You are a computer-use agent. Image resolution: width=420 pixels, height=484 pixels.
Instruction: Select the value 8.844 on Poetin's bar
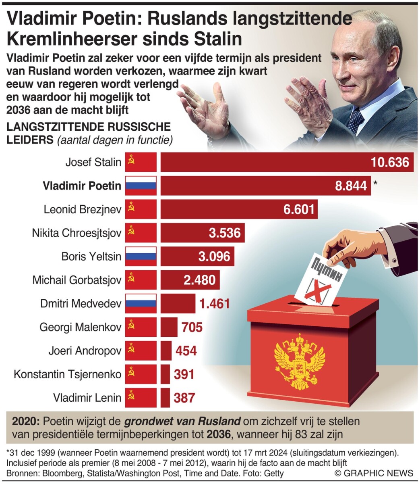(351, 186)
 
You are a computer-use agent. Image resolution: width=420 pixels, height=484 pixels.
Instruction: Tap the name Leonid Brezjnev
(82, 209)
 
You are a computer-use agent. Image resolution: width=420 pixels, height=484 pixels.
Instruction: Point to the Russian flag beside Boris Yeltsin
(141, 256)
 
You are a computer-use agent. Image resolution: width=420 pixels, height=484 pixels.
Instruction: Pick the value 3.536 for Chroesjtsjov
(224, 233)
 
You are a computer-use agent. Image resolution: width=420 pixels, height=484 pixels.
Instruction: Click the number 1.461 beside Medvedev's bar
(215, 303)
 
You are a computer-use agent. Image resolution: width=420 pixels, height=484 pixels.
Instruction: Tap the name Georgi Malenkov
(80, 327)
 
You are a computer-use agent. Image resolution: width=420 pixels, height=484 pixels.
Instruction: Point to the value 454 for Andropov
(186, 350)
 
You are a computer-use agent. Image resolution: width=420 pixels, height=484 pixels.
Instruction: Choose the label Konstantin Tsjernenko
(67, 374)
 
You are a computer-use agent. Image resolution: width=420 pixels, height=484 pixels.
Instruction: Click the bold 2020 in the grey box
(25, 422)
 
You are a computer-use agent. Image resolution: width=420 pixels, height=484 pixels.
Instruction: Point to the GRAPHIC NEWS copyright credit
(373, 473)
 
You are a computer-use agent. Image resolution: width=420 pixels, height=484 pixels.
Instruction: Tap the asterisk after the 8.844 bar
(376, 184)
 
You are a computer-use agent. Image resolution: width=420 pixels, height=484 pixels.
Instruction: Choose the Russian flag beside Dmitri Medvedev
(141, 303)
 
